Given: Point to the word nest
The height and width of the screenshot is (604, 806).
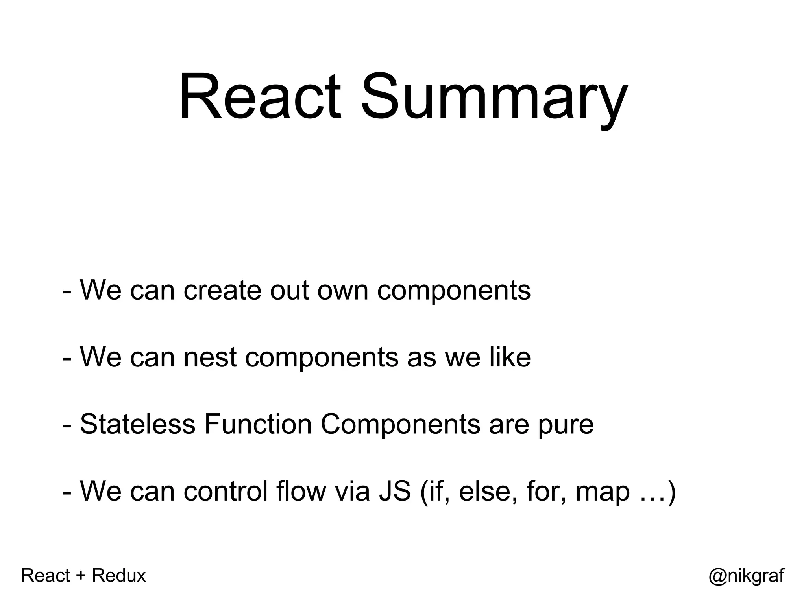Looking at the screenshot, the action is pyautogui.click(x=210, y=357).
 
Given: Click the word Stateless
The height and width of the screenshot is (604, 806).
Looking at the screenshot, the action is pyautogui.click(x=138, y=424).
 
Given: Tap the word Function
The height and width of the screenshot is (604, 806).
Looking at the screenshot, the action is pyautogui.click(x=258, y=424).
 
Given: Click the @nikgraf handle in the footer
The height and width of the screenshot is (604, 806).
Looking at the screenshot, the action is pyautogui.click(x=746, y=576).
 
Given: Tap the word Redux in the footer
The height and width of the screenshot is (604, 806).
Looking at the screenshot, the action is pyautogui.click(x=119, y=576).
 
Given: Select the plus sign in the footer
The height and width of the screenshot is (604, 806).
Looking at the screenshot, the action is pyautogui.click(x=81, y=576).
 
